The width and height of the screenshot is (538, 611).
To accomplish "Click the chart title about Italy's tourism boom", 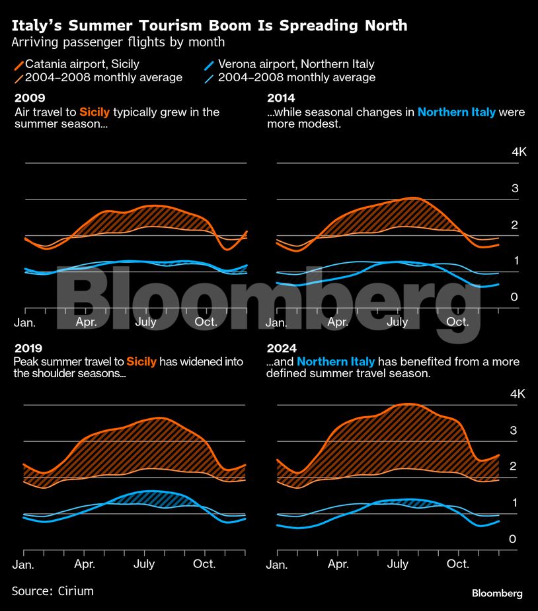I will click(210, 26).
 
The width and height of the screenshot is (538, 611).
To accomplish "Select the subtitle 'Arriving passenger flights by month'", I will click(118, 42).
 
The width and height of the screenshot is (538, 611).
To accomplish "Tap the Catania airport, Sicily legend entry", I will click(82, 64).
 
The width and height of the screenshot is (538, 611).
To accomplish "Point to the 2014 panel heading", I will click(280, 98).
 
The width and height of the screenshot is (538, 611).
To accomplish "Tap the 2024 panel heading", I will click(281, 348).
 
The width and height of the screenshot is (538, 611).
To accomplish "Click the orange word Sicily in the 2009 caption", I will click(95, 112).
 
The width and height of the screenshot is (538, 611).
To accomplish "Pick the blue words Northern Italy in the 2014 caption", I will click(456, 112).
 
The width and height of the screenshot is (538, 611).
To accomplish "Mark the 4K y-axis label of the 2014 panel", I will click(519, 152).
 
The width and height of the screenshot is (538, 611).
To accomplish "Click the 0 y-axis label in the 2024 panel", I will click(512, 540).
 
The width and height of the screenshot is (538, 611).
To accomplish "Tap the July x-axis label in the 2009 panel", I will click(145, 322).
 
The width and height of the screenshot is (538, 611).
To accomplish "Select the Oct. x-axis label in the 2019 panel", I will click(205, 564).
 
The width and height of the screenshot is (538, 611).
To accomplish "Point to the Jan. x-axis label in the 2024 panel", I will click(276, 565).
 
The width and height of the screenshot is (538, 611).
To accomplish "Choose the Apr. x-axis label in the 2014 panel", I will click(338, 322).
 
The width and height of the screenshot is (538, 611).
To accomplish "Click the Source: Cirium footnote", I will click(53, 591).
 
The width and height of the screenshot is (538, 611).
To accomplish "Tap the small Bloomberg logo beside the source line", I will click(497, 593).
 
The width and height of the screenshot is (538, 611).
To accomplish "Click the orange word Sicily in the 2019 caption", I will click(141, 362).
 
